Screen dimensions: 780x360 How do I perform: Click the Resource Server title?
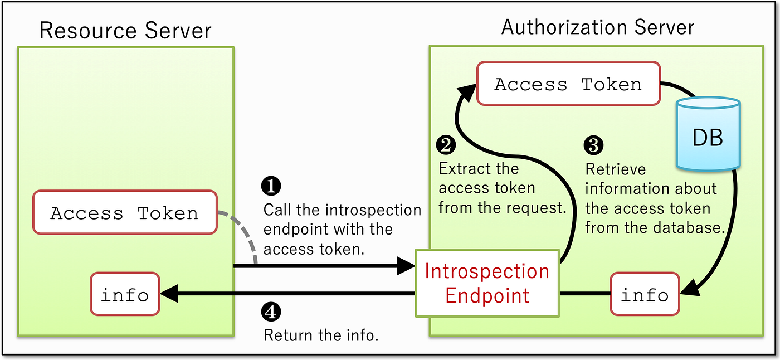pos(125,31)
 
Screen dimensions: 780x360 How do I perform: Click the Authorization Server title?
pos(597,27)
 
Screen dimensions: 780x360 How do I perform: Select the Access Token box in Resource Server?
pos(125,212)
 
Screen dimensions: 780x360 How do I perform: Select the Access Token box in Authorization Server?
pos(569,84)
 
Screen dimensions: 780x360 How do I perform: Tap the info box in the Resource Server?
pos(125,294)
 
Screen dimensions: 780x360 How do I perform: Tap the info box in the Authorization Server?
pos(645,294)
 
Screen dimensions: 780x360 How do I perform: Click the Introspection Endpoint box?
pos(487,283)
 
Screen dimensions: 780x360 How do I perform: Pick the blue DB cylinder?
pos(708,134)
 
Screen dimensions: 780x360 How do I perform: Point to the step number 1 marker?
pos(271,186)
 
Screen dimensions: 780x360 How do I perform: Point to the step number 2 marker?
pos(446,145)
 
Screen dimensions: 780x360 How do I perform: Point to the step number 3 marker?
pos(593,145)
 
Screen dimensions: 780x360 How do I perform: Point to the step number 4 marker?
pos(271,312)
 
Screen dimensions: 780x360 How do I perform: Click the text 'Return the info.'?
pos(321,335)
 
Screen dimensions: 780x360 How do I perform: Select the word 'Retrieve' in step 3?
pos(615,169)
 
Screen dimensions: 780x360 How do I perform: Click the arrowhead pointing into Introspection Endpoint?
pos(406,266)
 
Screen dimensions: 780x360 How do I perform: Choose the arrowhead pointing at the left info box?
pos(169,294)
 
